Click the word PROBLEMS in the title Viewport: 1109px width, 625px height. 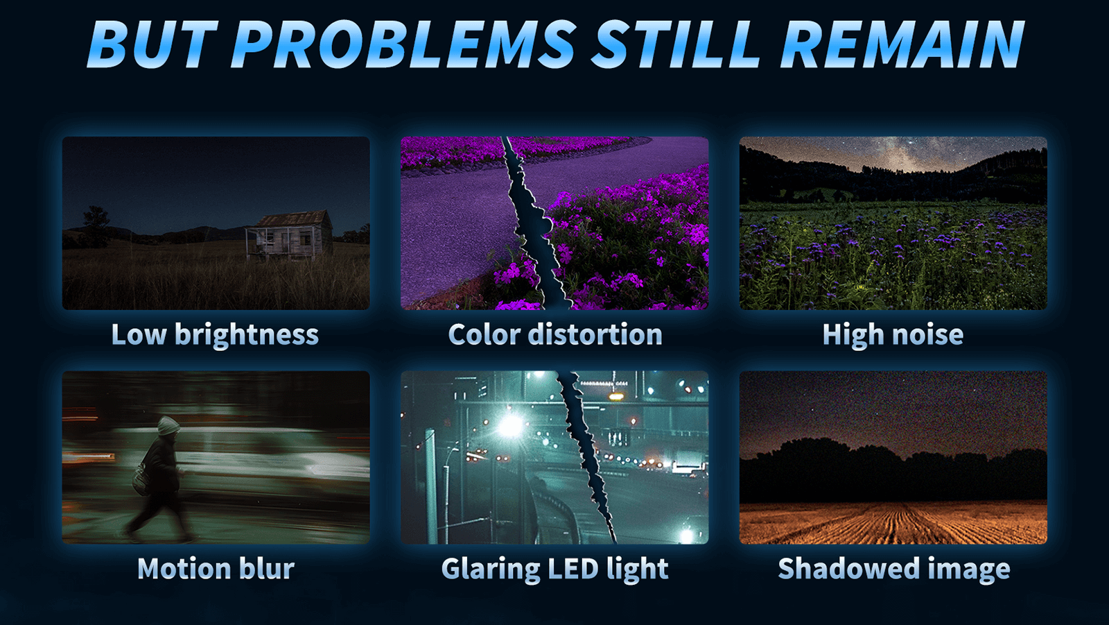pyautogui.click(x=404, y=44)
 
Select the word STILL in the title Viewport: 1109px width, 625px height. pyautogui.click(x=678, y=44)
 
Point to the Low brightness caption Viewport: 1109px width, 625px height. pyautogui.click(x=215, y=335)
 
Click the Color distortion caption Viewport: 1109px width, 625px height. pyautogui.click(x=554, y=335)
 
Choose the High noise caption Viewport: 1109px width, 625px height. pyautogui.click(x=893, y=335)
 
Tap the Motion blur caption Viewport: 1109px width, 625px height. pyautogui.click(x=216, y=569)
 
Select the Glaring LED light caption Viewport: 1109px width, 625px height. pyautogui.click(x=554, y=569)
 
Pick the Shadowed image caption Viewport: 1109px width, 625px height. pyautogui.click(x=893, y=569)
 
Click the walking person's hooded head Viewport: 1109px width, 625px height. pyautogui.click(x=168, y=426)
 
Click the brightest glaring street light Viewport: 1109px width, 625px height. pyautogui.click(x=512, y=425)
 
